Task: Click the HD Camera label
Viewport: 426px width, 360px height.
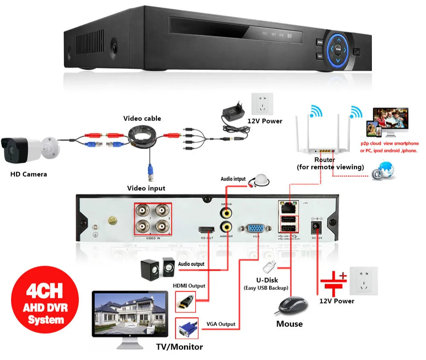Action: coord(29,174)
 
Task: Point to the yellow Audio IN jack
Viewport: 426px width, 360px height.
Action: coord(226,211)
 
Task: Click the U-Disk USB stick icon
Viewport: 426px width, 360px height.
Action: coord(269,267)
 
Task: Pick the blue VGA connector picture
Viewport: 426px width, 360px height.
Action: coord(186,329)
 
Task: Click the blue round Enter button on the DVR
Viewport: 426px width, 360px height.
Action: coord(337,49)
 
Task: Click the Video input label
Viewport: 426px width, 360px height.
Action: coord(146,188)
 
